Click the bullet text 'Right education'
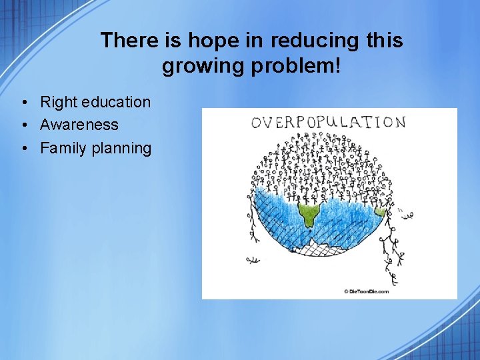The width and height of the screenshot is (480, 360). pos(95,102)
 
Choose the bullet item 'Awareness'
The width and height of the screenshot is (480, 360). pos(79,125)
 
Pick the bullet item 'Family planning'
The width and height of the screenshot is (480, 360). pos(96,148)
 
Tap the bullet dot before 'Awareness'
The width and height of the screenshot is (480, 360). pos(23,125)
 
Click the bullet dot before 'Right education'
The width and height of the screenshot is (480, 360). pos(23,103)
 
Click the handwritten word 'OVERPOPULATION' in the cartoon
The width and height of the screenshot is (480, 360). pos(327,123)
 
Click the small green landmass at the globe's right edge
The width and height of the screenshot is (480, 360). pos(381,213)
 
